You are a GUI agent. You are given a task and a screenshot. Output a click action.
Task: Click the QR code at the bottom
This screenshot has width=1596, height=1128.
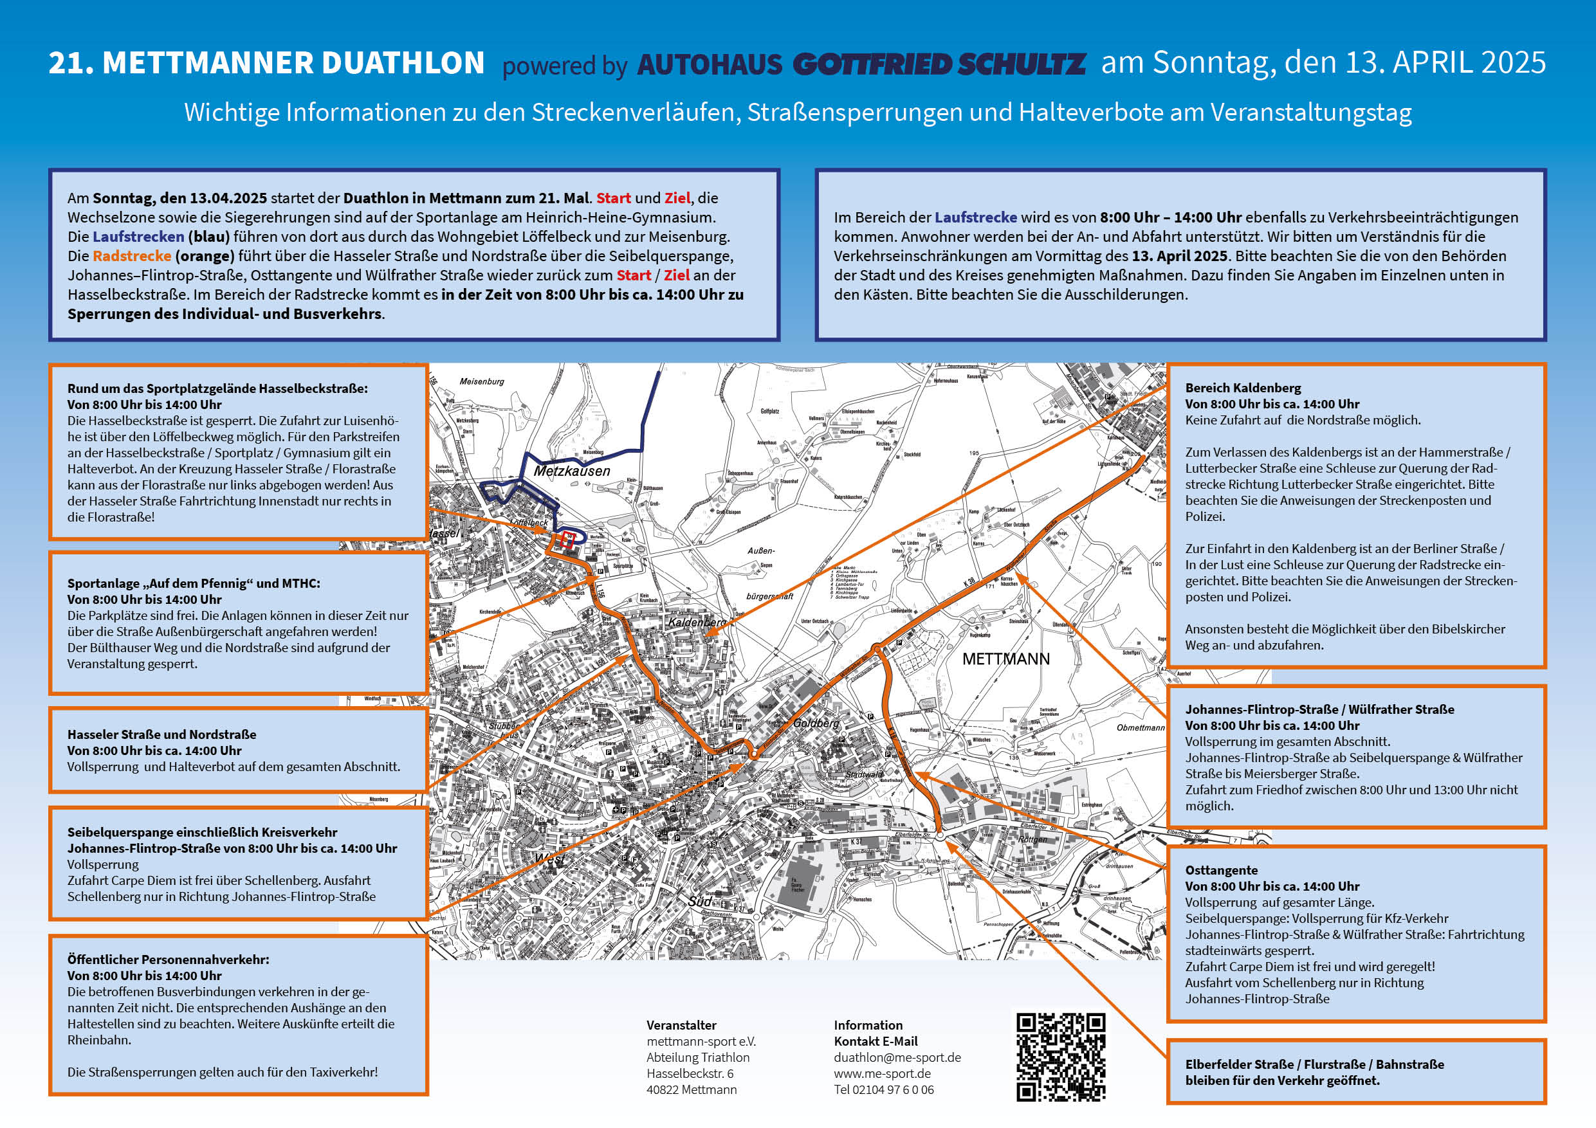coord(1061,1057)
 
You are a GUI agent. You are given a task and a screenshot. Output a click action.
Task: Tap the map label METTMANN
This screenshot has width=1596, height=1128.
coord(1006,659)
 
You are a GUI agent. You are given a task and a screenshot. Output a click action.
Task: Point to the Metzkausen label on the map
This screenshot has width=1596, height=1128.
coord(571,471)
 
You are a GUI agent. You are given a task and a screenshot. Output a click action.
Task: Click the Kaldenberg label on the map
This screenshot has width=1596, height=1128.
coord(697,623)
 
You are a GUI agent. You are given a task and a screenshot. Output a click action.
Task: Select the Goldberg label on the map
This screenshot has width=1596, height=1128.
coord(816,723)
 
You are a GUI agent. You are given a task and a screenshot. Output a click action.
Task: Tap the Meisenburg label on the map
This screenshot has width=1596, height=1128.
coord(482,381)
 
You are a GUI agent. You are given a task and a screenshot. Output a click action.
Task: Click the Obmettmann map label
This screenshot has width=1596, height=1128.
coord(1140,728)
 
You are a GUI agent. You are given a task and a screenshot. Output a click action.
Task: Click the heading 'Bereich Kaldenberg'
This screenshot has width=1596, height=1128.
coord(1243,388)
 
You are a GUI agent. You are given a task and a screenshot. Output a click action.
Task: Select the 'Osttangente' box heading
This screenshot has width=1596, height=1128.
coord(1222,870)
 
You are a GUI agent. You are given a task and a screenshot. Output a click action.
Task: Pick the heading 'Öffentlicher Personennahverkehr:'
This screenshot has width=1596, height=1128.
coord(168,959)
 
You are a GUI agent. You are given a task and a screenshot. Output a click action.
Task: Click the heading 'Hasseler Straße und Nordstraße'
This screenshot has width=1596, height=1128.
coord(161,734)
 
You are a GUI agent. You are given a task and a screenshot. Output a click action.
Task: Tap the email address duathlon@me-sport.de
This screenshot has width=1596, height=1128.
coord(897,1057)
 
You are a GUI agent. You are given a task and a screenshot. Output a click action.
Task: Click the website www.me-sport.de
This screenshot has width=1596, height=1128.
coord(882,1073)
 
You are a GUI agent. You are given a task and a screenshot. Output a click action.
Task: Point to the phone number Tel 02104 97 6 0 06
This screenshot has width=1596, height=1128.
coord(883,1090)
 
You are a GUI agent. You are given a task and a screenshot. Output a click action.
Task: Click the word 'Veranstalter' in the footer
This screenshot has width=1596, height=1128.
coord(681,1025)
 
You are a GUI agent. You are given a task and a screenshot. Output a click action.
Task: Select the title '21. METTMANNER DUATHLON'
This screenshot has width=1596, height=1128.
coord(266,63)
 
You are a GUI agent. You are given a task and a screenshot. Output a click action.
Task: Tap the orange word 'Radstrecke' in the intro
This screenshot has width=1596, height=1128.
coord(132,256)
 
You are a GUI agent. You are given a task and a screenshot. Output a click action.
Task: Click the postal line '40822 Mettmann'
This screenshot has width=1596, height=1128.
coord(691,1090)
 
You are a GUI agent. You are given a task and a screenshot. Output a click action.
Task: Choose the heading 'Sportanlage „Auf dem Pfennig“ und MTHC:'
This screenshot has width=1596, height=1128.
coord(194,584)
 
